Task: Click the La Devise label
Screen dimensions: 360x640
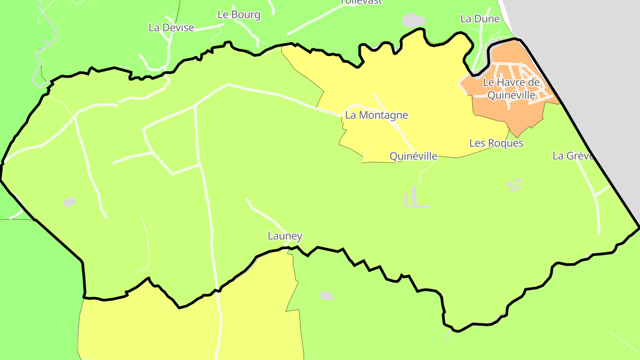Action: (171, 28)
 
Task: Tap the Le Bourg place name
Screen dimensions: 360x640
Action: (239, 15)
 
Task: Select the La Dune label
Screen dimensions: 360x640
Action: (480, 19)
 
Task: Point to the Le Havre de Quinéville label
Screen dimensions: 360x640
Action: (511, 88)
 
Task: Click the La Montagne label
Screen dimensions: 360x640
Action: (376, 116)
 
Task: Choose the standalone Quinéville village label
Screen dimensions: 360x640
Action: (413, 156)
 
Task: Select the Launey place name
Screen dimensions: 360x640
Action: (285, 236)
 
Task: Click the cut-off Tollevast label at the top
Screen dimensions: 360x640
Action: (361, 2)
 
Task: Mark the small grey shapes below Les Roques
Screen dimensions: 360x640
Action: (514, 185)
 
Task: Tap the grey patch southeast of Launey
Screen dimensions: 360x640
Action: (327, 296)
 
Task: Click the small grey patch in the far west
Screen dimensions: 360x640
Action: (68, 202)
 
